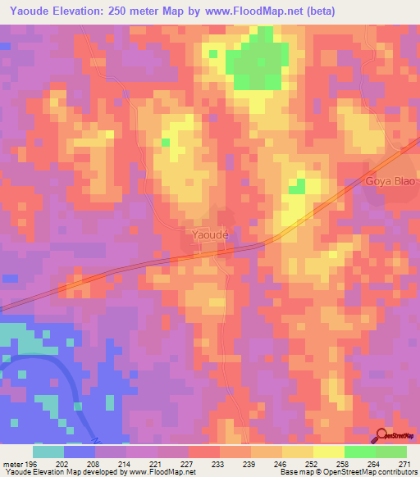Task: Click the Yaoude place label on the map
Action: click(x=209, y=235)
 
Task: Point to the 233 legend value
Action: click(x=219, y=464)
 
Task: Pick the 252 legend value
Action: click(x=313, y=464)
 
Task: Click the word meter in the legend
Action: click(x=12, y=464)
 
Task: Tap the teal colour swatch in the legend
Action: click(x=48, y=452)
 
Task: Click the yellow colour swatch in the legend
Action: click(x=328, y=452)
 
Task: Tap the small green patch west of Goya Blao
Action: click(x=296, y=186)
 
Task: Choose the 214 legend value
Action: click(x=126, y=464)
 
